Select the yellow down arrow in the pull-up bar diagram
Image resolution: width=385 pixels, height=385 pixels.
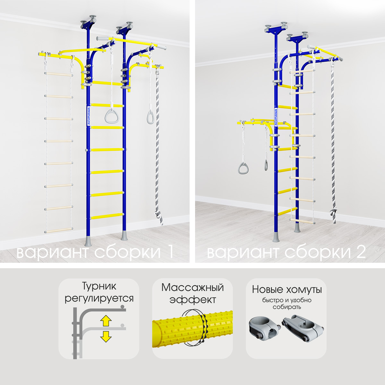click(106, 337)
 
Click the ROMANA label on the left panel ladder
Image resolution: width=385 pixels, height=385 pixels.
click(89, 116)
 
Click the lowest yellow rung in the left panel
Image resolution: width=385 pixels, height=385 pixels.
click(107, 216)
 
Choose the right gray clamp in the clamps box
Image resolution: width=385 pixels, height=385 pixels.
click(303, 328)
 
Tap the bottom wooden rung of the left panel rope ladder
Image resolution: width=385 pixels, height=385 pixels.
click(59, 230)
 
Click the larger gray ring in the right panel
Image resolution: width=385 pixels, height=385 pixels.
click(243, 168)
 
